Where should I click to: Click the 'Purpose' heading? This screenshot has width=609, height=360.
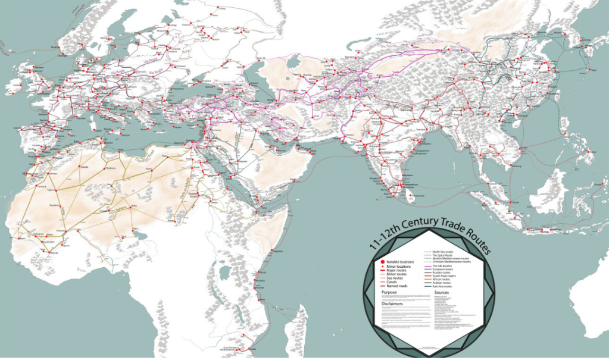[x=391, y=292]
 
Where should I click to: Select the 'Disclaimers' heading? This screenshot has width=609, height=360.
[x=394, y=303]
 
